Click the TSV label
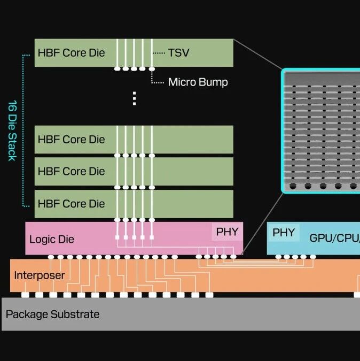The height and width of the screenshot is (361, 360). [x=178, y=53]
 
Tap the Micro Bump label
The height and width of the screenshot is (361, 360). [x=198, y=82]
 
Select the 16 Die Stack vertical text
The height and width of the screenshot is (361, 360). [x=12, y=130]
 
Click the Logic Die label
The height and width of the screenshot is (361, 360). [x=52, y=239]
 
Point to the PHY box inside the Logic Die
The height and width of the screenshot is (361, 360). [x=227, y=232]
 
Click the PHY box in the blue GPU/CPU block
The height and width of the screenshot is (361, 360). [x=284, y=233]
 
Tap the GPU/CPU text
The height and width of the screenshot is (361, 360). [x=335, y=238]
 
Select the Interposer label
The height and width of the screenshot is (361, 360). [x=40, y=275]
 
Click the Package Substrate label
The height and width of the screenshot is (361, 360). [x=53, y=314]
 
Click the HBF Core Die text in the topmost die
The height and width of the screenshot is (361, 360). [x=71, y=53]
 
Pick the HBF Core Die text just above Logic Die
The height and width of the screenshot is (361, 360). [x=71, y=204]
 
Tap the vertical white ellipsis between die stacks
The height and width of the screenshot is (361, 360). [x=134, y=98]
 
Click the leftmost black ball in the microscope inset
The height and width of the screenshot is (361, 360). [x=293, y=186]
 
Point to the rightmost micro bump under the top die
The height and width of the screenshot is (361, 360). [x=152, y=69]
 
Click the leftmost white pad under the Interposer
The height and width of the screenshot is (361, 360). [x=25, y=295]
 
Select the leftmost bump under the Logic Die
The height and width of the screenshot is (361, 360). [x=51, y=257]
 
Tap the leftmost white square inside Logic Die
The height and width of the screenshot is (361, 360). [x=118, y=237]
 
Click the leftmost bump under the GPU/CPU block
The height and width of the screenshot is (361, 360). [x=278, y=257]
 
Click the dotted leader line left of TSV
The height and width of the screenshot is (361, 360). [x=159, y=53]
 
